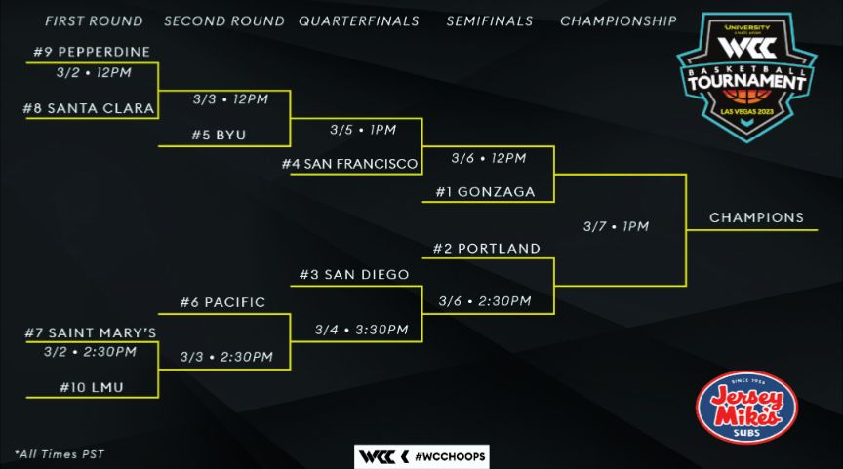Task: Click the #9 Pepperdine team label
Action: [x=91, y=52]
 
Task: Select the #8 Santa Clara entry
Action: [x=90, y=108]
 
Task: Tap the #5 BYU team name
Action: [x=219, y=136]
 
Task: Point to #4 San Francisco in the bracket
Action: [x=350, y=164]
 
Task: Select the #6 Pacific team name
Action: [x=222, y=302]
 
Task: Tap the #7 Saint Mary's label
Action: [x=91, y=332]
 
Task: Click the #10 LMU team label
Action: [x=93, y=387]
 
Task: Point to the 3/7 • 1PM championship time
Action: [x=616, y=226]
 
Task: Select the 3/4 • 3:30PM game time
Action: [x=361, y=330]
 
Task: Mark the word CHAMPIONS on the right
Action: [x=756, y=217]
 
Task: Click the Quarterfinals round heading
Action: [x=358, y=20]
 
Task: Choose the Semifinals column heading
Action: [x=489, y=20]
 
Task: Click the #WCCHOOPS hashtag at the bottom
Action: [x=450, y=456]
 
